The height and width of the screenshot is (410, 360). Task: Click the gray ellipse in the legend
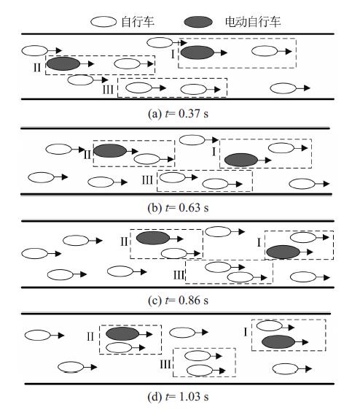point(198,22)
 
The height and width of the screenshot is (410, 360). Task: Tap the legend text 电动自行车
point(253,22)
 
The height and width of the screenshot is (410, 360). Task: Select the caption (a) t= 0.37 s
point(178,114)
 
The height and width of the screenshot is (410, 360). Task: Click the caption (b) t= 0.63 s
point(178,208)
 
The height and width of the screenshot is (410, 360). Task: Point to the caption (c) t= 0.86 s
point(178,300)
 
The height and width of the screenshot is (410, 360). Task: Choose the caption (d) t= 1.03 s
point(178,396)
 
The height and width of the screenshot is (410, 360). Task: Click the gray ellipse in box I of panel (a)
point(197,53)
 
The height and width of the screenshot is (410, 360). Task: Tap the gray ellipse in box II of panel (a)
point(63,63)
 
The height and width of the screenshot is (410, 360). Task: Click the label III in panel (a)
point(108,90)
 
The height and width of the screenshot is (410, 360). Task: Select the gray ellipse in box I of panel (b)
point(241,160)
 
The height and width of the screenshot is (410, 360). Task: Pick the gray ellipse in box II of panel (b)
point(110,150)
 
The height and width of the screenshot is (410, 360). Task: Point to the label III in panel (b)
point(147,180)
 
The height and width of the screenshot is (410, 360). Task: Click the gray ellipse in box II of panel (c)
point(153,238)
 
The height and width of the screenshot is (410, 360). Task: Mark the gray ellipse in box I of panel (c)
point(283,252)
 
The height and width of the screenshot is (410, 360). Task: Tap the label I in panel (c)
point(259,243)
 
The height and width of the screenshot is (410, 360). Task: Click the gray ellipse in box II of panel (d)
point(122,333)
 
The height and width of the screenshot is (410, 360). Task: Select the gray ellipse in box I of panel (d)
point(278,341)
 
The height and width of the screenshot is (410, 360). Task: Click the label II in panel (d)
point(90,336)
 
